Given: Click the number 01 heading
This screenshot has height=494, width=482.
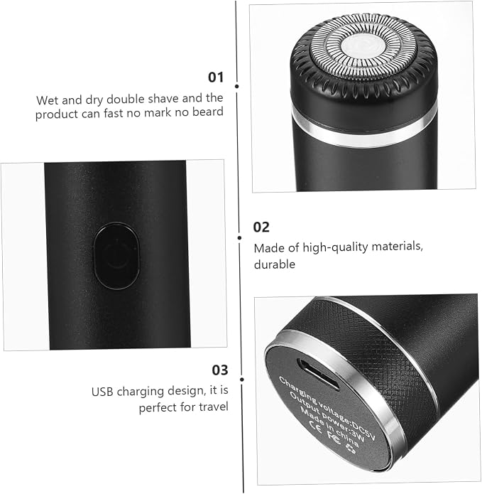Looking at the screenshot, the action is coord(216,77).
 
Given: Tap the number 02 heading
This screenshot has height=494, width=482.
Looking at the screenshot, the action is coord(261,227).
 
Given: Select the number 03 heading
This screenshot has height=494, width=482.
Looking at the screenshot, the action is coord(220,370).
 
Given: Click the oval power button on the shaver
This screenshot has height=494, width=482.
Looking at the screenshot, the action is coord(116,256).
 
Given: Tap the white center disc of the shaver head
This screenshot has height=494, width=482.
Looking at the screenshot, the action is coord(363,48).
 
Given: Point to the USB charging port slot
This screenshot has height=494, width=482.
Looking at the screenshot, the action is coord(318,375).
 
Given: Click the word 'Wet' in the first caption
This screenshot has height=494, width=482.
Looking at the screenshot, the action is coord(47,100).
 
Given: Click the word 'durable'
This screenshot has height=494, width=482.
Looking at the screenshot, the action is coord(275,264).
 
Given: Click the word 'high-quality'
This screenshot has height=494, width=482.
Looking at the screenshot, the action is coord(335,247).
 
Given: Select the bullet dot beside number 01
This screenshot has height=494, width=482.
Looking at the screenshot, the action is coord(237,86).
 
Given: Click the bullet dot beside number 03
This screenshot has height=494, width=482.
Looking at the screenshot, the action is coord(242,380).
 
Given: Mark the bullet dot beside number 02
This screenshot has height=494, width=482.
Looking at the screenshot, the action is coord(240,238).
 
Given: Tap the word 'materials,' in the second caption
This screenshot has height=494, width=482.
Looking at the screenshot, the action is coord(397,246).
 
